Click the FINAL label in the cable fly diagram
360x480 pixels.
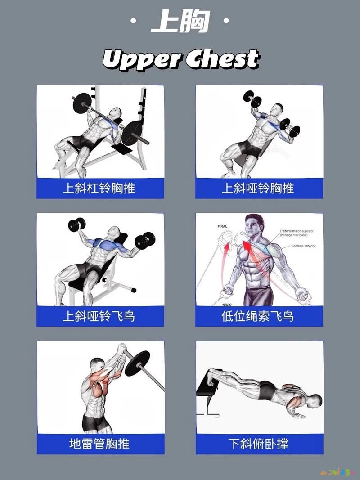point(222,226)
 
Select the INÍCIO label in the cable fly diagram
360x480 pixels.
point(227,304)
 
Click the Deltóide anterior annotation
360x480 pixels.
point(304,246)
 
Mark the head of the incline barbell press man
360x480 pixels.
point(116,112)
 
